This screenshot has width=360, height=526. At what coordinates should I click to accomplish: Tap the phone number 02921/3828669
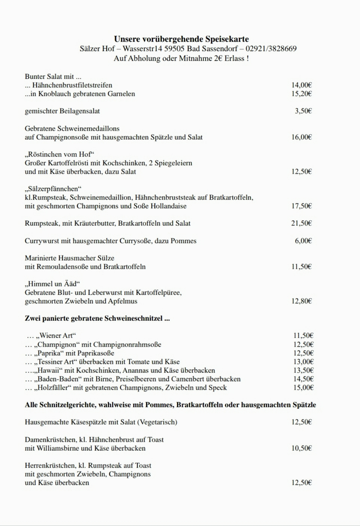(x=271, y=49)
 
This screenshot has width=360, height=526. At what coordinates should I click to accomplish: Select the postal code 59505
(x=174, y=49)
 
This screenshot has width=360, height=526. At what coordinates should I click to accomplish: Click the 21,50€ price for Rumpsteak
(x=301, y=224)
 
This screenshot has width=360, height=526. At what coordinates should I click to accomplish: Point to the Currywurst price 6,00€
(x=303, y=241)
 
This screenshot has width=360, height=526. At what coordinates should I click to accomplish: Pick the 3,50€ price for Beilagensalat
(x=303, y=111)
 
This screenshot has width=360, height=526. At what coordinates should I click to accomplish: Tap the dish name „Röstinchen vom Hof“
(x=60, y=154)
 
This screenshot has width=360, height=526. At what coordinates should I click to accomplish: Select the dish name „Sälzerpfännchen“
(x=53, y=189)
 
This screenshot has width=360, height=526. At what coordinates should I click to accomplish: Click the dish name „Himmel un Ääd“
(x=52, y=284)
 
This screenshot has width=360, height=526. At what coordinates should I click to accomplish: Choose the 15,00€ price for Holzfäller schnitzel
(x=303, y=388)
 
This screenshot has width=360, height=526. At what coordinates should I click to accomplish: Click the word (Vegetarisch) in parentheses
(x=157, y=422)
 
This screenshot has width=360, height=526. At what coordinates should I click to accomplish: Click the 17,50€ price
(x=301, y=206)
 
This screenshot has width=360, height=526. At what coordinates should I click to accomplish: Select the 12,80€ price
(x=301, y=301)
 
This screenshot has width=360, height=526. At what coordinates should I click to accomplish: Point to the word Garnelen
(x=121, y=94)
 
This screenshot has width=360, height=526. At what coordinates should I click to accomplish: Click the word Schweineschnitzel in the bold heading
(x=134, y=319)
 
